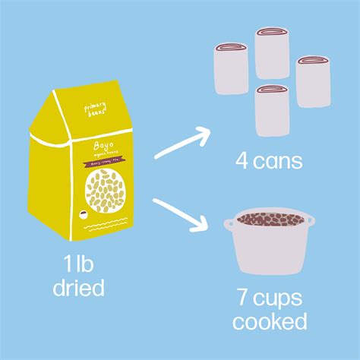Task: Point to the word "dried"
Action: (78, 289)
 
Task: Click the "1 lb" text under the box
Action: (78, 264)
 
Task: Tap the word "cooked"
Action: (270, 321)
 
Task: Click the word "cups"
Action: (280, 298)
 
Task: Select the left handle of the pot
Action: (228, 224)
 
